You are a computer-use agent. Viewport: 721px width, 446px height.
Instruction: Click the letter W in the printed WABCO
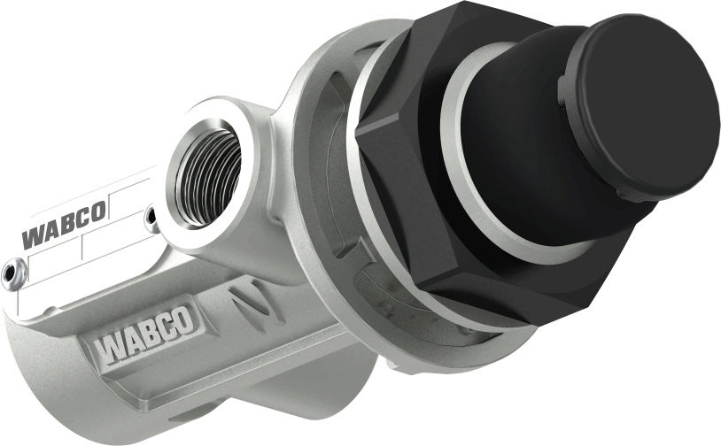[x=35, y=238]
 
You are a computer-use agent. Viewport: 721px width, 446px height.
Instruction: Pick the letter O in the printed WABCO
[x=99, y=211]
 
